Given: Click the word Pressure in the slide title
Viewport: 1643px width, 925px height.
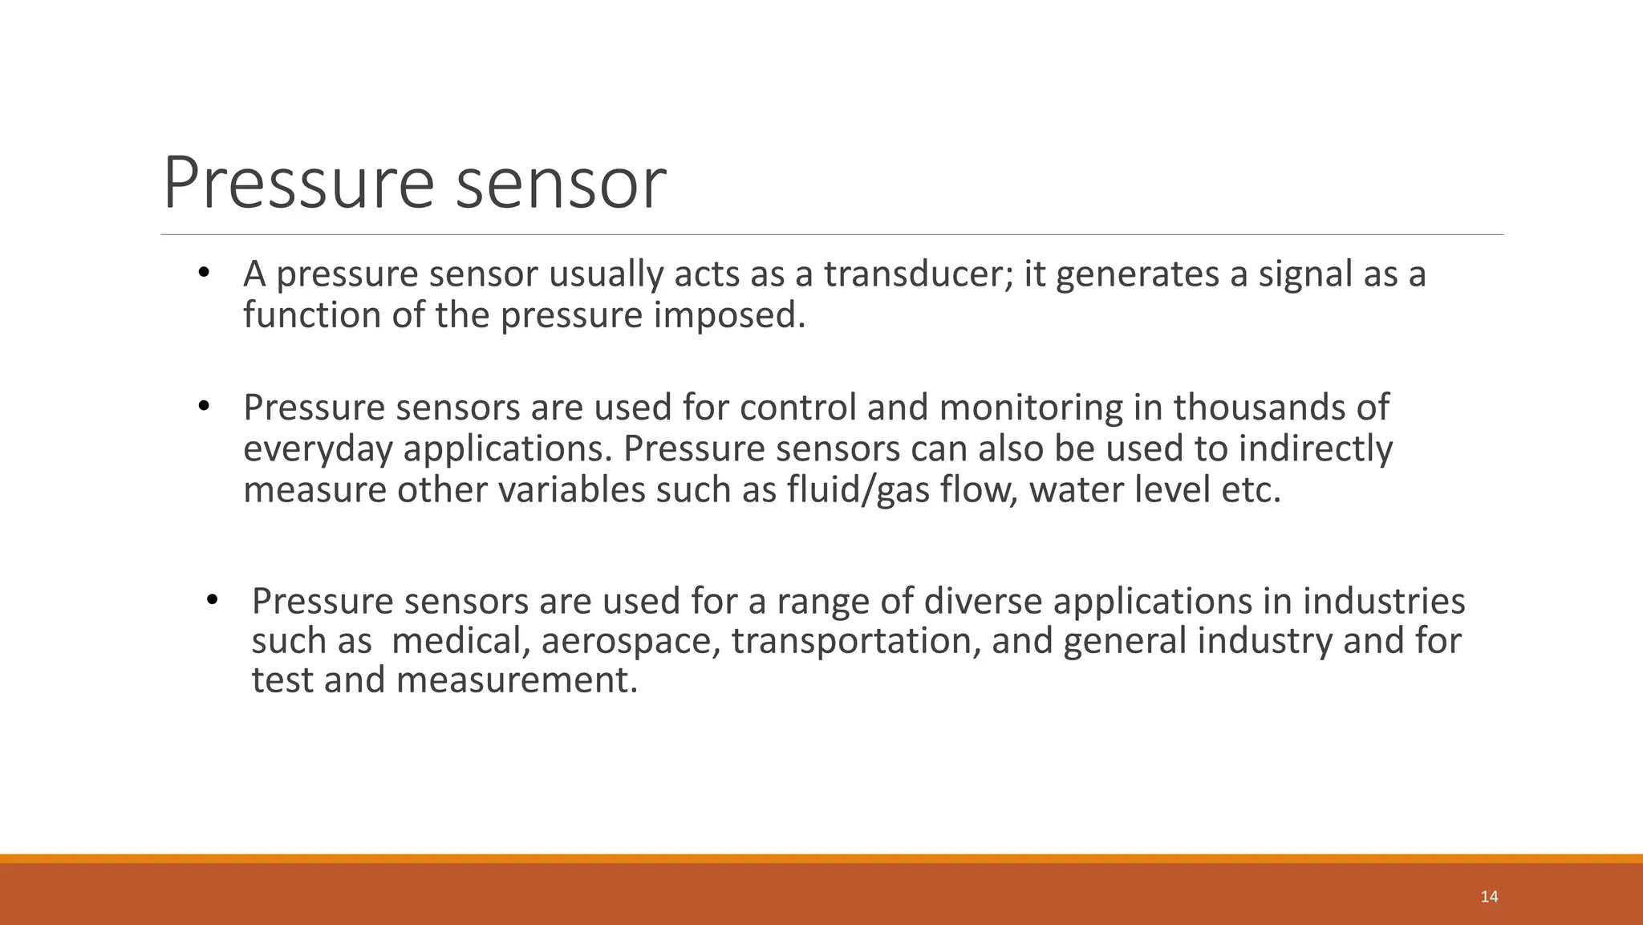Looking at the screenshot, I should click(298, 184).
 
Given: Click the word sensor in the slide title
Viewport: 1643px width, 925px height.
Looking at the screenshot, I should click(561, 184).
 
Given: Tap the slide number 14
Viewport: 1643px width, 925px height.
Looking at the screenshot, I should click(1489, 897).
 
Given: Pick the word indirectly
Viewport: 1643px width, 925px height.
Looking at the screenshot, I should click(1315, 448).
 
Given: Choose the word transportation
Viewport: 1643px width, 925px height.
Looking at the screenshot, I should click(855, 641).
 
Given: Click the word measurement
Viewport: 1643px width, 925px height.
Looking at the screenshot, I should click(517, 680).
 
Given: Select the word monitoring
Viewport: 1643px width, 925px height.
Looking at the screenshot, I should click(1031, 408).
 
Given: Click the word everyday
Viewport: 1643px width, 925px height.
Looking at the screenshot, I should click(318, 448).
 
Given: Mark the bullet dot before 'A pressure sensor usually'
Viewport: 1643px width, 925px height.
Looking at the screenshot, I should click(204, 274).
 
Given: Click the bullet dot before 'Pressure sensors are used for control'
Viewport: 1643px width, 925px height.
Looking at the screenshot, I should click(204, 407).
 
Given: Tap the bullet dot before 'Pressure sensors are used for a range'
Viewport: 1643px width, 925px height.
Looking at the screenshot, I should click(212, 600).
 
